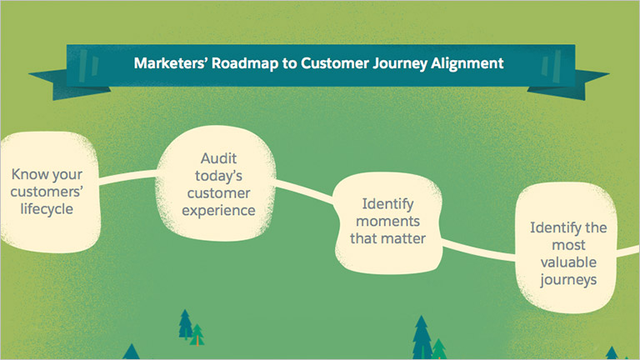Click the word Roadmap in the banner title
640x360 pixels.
pyautogui.click(x=245, y=63)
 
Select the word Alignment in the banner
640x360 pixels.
pyautogui.click(x=467, y=63)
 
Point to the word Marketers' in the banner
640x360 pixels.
pyautogui.click(x=171, y=63)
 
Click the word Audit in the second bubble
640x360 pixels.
pyautogui.click(x=219, y=158)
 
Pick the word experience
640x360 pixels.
pyautogui.click(x=219, y=211)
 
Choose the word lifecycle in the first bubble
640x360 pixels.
pyautogui.click(x=47, y=209)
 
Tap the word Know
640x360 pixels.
pyautogui.click(x=30, y=174)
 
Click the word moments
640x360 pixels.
pyautogui.click(x=387, y=221)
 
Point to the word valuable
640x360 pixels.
pyautogui.click(x=568, y=262)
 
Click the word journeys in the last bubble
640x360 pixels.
pyautogui.click(x=568, y=280)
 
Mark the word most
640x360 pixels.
pyautogui.click(x=568, y=245)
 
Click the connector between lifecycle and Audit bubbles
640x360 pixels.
pyautogui.click(x=127, y=177)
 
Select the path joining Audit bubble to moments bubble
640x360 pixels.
pyautogui.click(x=304, y=191)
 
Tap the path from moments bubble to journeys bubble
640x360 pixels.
pyautogui.click(x=478, y=250)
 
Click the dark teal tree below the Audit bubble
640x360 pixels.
pyautogui.click(x=185, y=324)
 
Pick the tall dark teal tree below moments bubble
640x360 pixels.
pyautogui.click(x=422, y=337)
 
